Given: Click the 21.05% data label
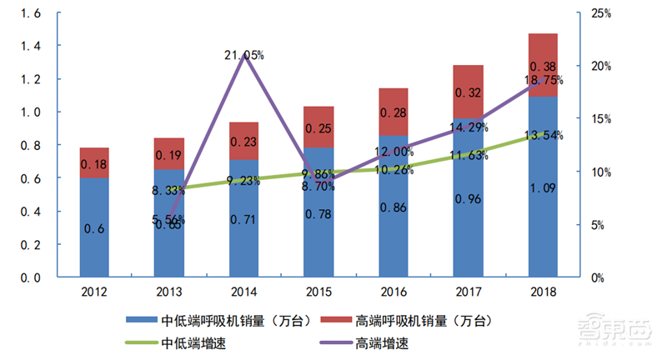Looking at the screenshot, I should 244,56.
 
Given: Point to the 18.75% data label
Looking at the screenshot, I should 543,80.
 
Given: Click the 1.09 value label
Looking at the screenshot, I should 543,187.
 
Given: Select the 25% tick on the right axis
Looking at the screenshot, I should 600,13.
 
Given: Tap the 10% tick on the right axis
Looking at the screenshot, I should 600,172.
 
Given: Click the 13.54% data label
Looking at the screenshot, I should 543,135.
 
